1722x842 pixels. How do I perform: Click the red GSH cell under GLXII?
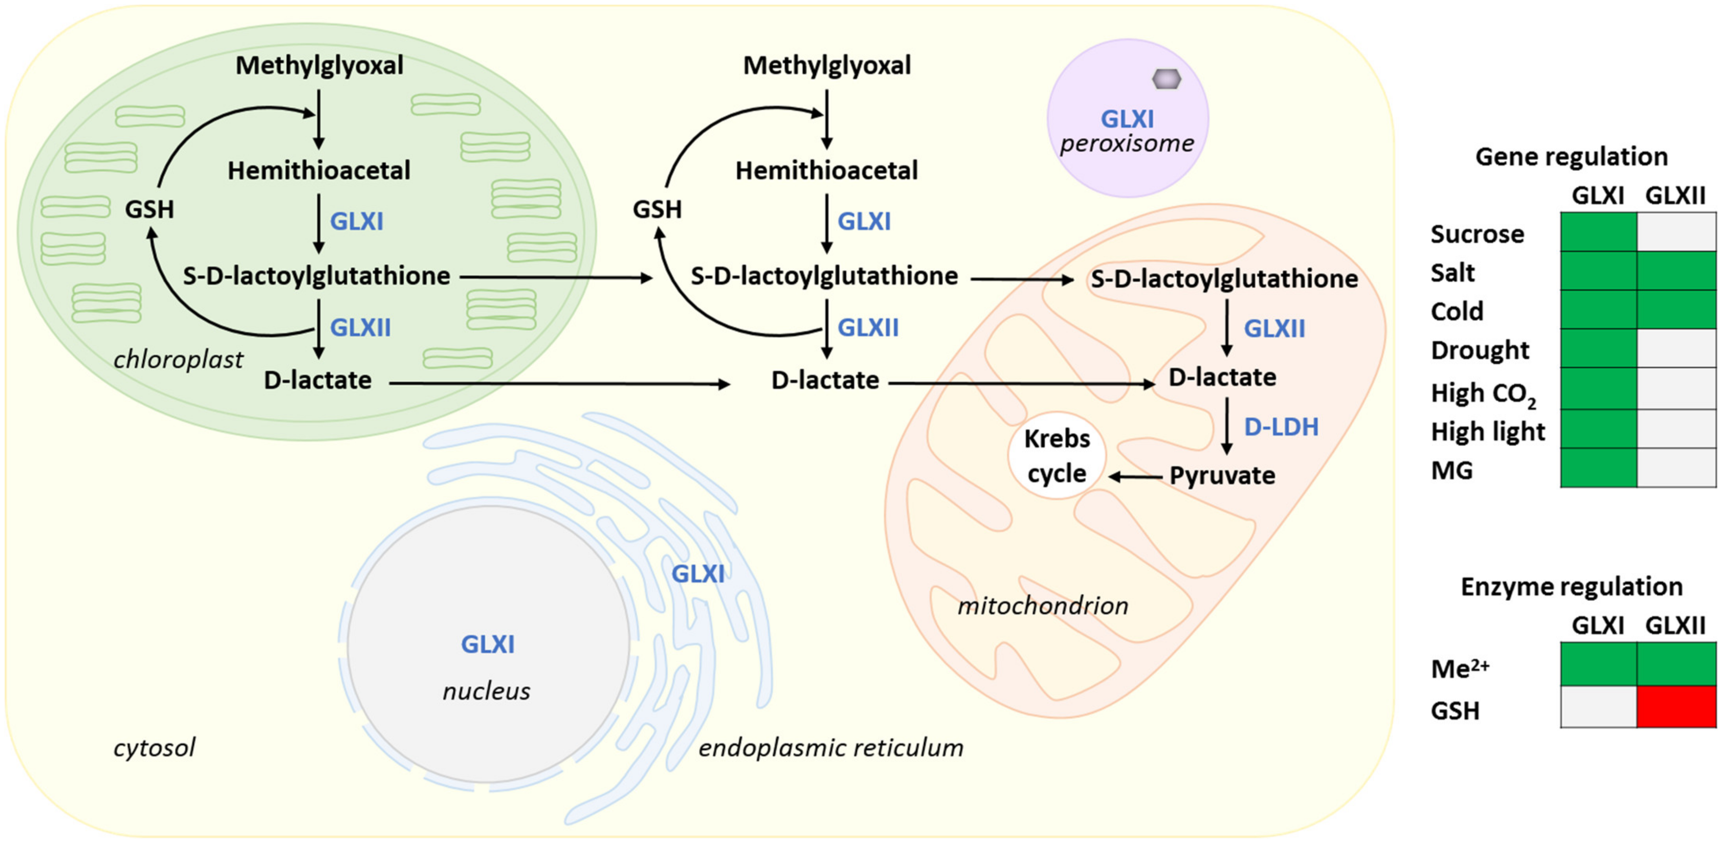1676,706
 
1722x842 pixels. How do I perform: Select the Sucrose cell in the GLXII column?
1676,232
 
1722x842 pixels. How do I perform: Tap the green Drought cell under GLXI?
1598,348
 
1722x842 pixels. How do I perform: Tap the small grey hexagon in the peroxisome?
1167,79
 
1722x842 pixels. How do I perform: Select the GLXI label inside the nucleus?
487,644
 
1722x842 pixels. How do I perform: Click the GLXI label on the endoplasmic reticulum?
697,573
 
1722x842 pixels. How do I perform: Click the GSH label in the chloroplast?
149,210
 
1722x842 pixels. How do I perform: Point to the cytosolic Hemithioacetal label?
826,171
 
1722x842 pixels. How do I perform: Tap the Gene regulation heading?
1571,156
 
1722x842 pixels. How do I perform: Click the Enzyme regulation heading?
1571,586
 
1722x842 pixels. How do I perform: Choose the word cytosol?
154,747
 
